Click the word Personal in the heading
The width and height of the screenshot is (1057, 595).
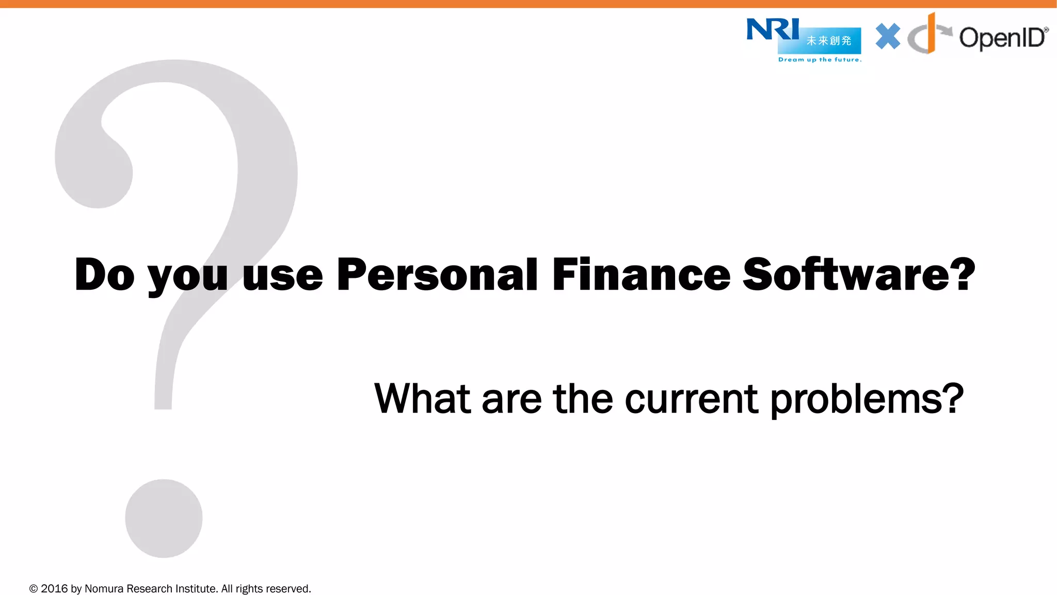[437, 275]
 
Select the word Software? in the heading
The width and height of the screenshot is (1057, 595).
[859, 275]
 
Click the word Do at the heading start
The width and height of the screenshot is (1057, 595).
[105, 275]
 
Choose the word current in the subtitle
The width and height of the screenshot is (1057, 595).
[691, 399]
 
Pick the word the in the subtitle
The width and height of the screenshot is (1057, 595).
[583, 399]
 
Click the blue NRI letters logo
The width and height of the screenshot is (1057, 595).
[772, 29]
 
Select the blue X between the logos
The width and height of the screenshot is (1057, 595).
[888, 37]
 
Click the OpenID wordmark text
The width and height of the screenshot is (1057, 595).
[1002, 38]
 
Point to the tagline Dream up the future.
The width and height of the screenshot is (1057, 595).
[820, 60]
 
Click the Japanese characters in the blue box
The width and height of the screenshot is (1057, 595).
[829, 41]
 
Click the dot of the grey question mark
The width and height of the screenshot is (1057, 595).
[164, 518]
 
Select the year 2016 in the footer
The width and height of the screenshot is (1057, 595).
[54, 589]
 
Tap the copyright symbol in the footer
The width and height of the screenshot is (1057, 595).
[34, 589]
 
